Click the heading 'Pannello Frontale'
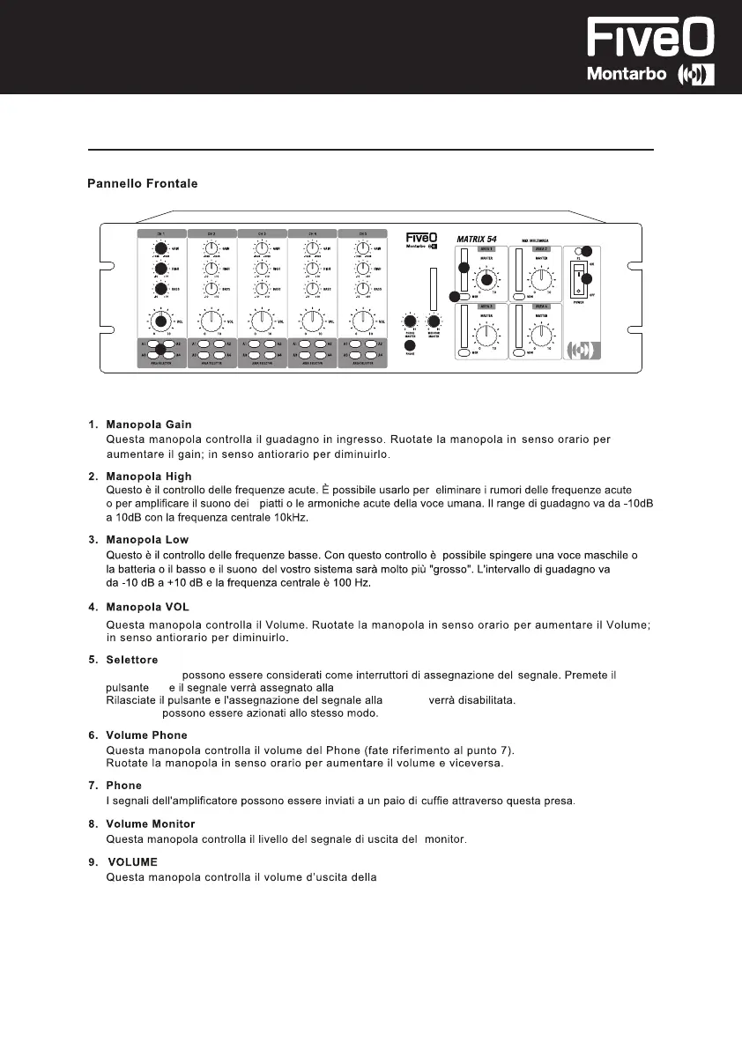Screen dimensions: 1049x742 142,184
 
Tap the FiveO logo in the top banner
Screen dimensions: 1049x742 651,40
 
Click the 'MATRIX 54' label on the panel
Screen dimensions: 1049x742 484,238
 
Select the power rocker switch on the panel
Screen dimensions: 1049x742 579,279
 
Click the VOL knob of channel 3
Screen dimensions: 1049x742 262,321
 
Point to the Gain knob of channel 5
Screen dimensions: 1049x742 361,249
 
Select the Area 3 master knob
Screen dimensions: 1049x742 484,334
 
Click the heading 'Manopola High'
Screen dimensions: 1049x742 148,476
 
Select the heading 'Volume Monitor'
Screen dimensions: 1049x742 151,824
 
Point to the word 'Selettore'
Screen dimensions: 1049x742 132,660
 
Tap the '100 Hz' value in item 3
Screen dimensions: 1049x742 347,583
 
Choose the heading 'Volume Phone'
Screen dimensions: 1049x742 146,735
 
